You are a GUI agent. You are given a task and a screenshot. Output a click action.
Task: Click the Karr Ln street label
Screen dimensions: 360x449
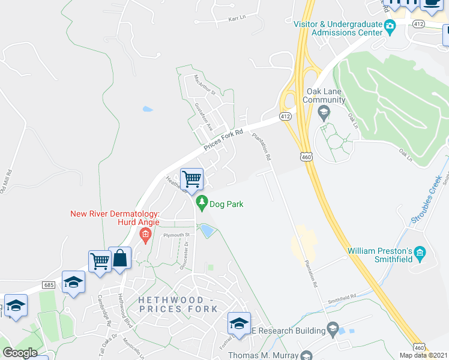click(x=237, y=19)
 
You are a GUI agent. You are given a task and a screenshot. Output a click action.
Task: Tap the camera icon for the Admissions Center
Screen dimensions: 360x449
click(x=390, y=25)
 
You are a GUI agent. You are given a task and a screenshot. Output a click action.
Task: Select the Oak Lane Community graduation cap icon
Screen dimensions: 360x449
click(x=324, y=111)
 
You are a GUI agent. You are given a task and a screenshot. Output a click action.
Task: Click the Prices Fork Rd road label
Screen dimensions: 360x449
click(x=223, y=140)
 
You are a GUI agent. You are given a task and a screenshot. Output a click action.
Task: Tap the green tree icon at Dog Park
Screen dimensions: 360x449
click(x=202, y=203)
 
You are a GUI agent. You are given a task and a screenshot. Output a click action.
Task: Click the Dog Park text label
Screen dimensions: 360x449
click(x=226, y=205)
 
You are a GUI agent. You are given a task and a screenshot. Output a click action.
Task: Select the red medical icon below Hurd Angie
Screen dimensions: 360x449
click(x=144, y=234)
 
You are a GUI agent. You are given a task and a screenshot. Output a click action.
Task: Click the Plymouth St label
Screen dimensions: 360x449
click(x=176, y=235)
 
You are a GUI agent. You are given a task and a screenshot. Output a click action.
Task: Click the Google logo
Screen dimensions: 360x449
click(x=20, y=353)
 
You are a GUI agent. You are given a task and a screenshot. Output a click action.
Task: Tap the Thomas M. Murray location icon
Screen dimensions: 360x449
click(x=306, y=356)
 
